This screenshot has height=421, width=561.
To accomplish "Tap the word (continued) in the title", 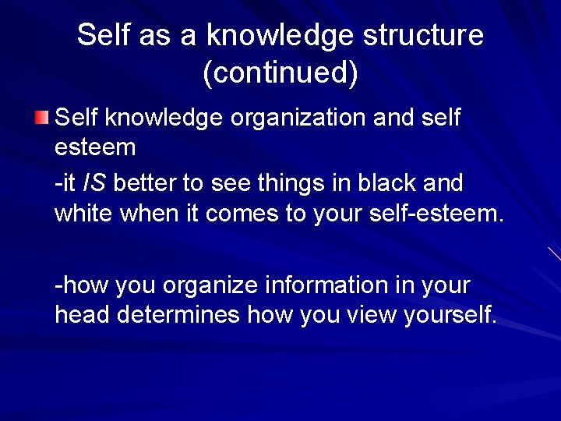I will pos(280,73).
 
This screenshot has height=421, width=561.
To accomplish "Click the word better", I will pos(150,184).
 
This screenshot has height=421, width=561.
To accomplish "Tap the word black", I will pos(381,184).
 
